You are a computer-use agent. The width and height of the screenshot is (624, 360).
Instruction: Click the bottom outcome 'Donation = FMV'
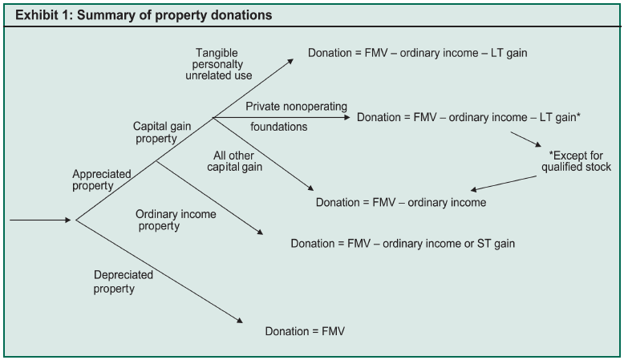[x=309, y=330]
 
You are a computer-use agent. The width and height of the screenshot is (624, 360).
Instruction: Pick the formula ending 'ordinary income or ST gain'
[x=403, y=242]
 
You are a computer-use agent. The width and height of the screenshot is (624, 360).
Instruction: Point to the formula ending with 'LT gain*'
[x=468, y=117]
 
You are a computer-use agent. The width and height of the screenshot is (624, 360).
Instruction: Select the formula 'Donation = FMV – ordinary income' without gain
[x=401, y=202]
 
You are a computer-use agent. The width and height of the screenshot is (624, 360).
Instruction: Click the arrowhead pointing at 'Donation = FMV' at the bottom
[x=238, y=321]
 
